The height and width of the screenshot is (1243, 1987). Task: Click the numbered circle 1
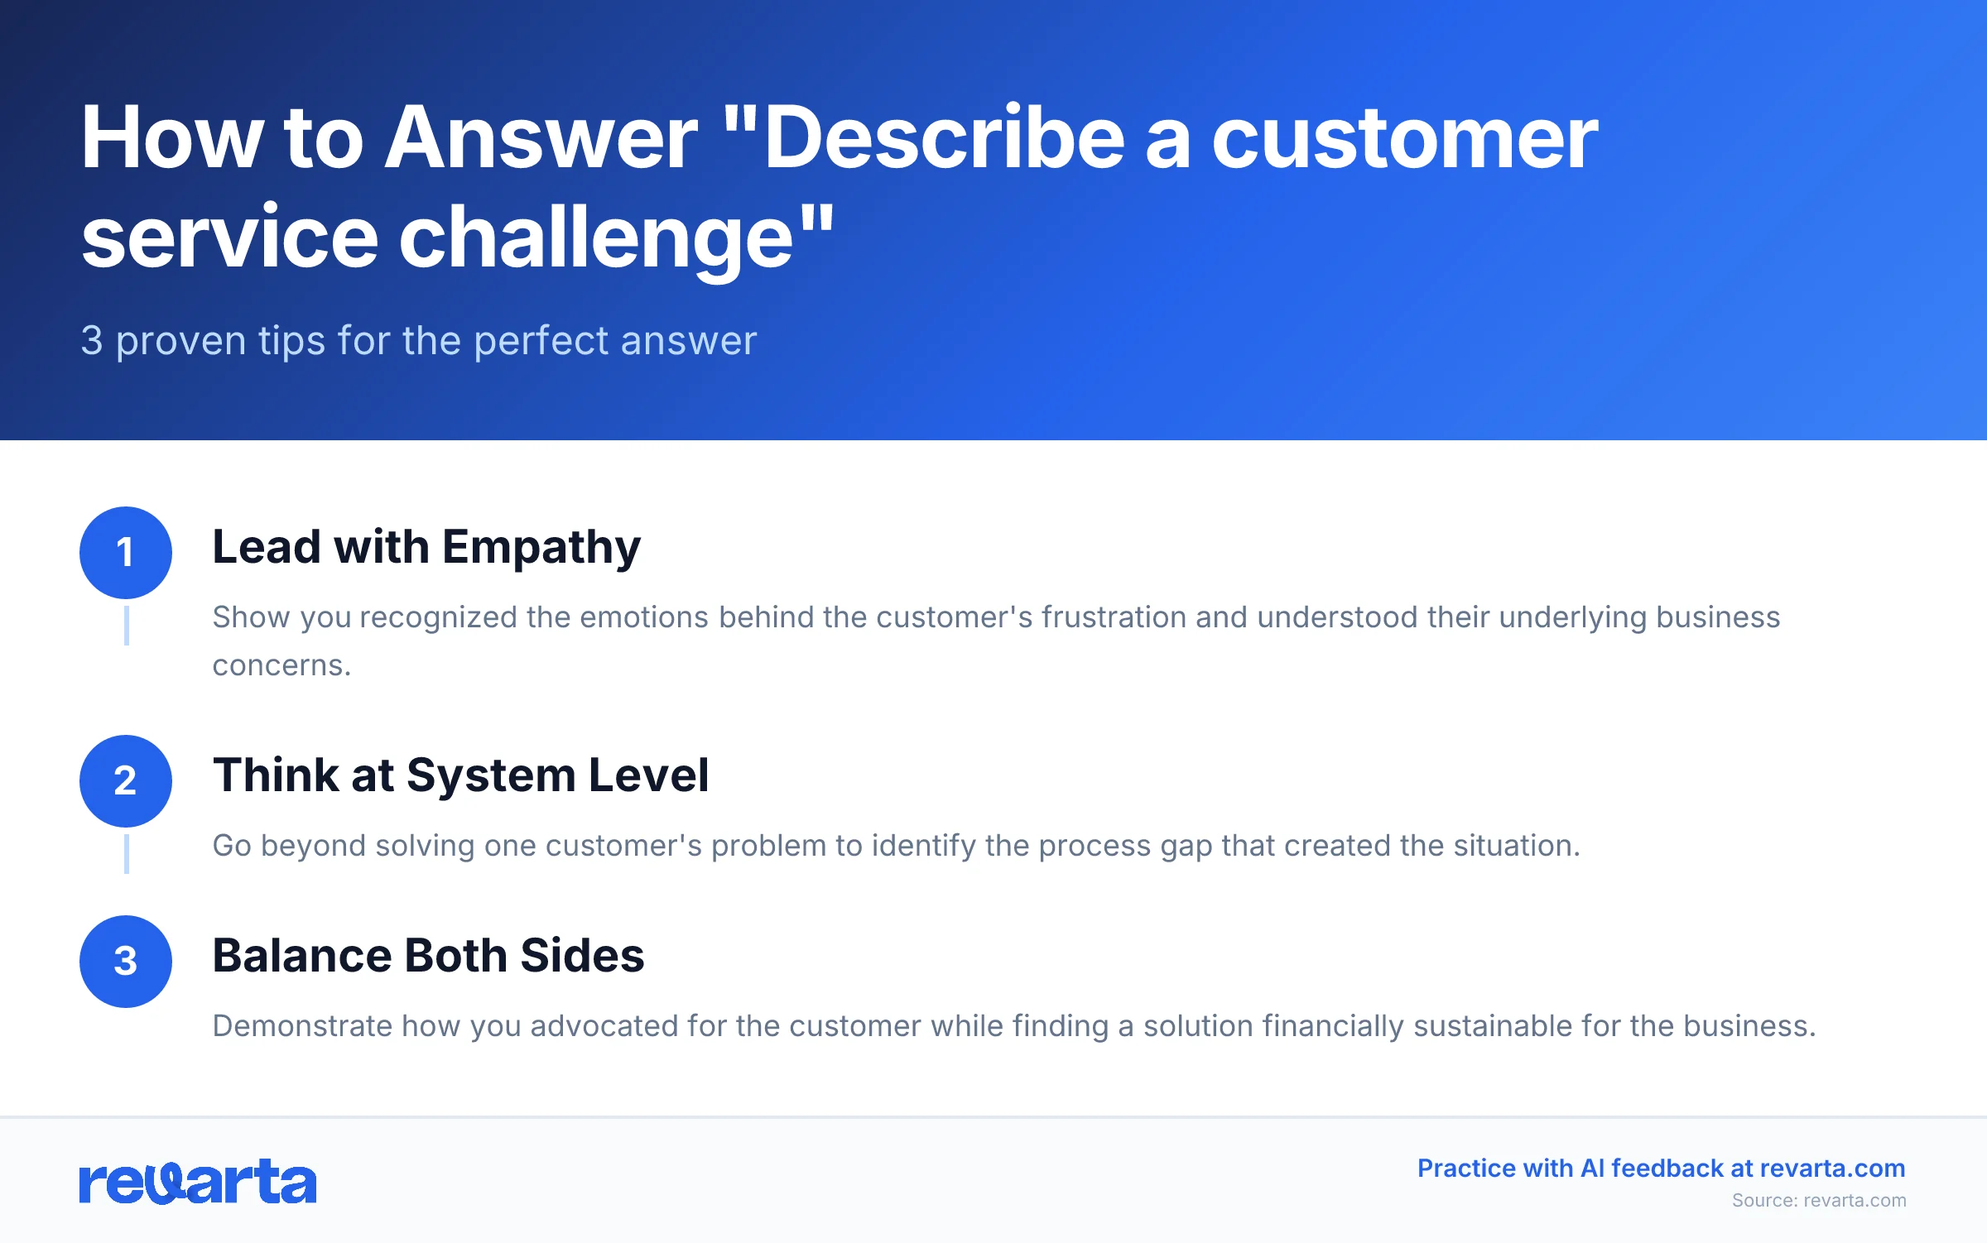[126, 553]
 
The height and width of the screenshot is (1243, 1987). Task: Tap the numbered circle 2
[126, 781]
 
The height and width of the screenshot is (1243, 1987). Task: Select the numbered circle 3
[126, 962]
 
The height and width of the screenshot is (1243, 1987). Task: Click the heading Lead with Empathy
[426, 548]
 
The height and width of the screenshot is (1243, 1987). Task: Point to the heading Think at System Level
[460, 776]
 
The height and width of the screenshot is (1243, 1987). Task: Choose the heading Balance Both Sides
[428, 957]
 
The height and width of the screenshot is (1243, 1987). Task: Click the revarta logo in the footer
[198, 1181]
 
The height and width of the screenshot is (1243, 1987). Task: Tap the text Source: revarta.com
[1818, 1201]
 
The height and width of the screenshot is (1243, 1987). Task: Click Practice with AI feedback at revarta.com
[1661, 1169]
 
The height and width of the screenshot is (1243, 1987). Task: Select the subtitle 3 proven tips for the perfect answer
[418, 341]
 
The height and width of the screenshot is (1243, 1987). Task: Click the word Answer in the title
[542, 139]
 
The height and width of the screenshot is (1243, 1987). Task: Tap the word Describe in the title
[944, 139]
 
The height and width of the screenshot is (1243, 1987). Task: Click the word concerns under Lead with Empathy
[281, 666]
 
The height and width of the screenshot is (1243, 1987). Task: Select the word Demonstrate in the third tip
[302, 1027]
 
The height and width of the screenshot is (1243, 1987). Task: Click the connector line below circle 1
[126, 626]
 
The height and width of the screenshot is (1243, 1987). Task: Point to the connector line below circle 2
[126, 854]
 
